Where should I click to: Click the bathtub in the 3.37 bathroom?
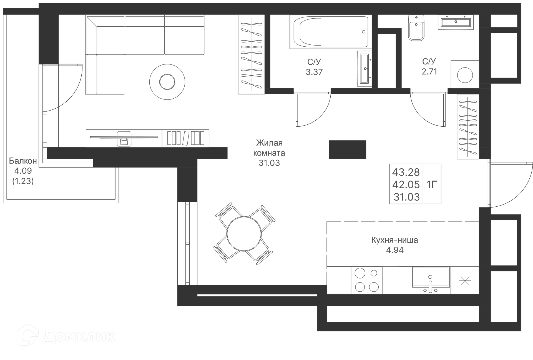(330, 32)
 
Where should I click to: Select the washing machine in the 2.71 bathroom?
(465, 75)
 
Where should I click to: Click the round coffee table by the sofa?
(167, 82)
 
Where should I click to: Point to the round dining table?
(244, 234)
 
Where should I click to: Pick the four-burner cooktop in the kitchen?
(366, 280)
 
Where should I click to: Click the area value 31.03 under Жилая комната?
(269, 163)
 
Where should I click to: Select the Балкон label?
(23, 161)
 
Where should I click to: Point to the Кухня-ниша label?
(394, 240)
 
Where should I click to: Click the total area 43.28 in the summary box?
(406, 172)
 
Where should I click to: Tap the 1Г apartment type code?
(432, 184)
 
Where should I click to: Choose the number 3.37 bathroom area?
(314, 72)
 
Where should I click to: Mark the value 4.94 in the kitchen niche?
(395, 250)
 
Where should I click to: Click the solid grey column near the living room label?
(347, 150)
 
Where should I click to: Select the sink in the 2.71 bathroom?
(456, 22)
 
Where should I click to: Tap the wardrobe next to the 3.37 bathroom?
(251, 55)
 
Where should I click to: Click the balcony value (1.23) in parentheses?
(23, 181)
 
